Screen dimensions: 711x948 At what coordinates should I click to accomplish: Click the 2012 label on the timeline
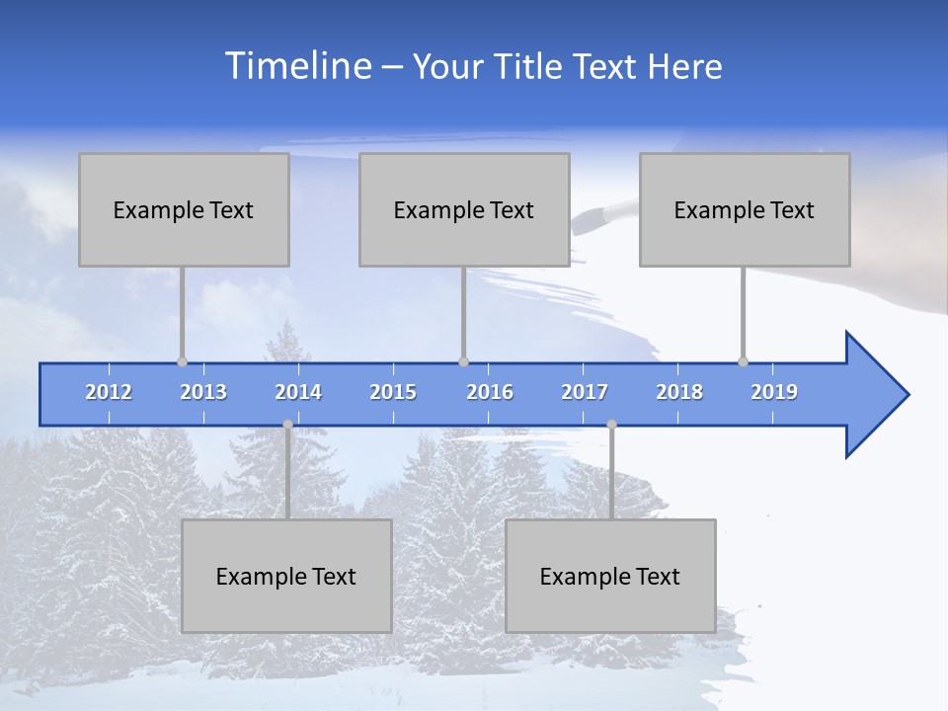coord(109,392)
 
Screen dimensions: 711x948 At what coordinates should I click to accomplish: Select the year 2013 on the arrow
coord(203,392)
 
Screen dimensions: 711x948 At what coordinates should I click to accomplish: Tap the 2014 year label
coord(298,392)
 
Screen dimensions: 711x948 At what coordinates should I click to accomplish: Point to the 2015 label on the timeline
coord(393,392)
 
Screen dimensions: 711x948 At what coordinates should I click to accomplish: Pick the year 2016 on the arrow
coord(490,392)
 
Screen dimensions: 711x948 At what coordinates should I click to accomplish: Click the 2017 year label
coord(585,392)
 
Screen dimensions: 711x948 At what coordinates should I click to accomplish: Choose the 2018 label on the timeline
coord(679,392)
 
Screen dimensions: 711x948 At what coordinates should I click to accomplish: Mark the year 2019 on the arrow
coord(774,392)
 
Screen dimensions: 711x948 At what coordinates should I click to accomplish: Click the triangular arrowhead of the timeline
coord(874,395)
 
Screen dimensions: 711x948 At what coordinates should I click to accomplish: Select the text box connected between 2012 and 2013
coord(184,209)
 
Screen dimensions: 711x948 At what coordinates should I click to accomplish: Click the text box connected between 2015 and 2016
coord(464,209)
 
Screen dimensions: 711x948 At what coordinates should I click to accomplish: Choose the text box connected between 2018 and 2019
coord(745,209)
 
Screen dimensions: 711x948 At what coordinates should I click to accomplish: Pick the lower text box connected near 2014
coord(286,576)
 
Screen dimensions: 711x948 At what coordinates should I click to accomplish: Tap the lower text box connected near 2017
coord(610,576)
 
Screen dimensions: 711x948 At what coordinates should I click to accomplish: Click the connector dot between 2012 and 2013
coord(182,361)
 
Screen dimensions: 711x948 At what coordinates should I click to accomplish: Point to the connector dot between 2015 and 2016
coord(463,361)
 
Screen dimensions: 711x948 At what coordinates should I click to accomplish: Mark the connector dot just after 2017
coord(611,425)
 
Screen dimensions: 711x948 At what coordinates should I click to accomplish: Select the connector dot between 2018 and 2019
coord(743,361)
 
